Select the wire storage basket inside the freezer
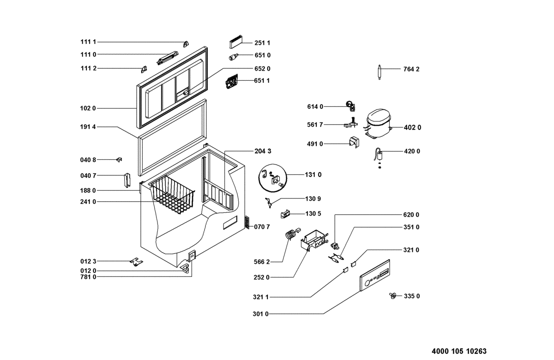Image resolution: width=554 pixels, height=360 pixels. coord(173,195)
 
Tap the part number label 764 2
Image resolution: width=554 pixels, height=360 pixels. coord(411,69)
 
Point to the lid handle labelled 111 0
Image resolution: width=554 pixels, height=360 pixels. coord(168,58)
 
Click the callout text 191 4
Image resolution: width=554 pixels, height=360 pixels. coord(88,127)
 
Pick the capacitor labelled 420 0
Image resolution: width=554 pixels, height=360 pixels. coord(379,156)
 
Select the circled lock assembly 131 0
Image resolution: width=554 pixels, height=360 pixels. coord(272,178)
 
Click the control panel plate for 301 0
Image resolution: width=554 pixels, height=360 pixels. coord(375,275)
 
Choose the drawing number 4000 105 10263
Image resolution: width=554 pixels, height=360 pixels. coord(459,351)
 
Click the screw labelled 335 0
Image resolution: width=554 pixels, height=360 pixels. coord(393,295)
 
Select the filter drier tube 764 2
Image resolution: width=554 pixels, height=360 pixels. coord(379,72)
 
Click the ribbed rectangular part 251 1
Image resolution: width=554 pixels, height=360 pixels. coord(236,42)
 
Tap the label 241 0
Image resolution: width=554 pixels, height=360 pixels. coord(88,202)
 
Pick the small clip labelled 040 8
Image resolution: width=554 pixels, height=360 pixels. coord(119,160)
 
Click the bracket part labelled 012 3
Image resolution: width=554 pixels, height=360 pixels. coord(137,262)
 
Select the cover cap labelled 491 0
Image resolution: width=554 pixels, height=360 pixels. coord(354,142)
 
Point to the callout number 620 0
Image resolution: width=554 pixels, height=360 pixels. coord(411,215)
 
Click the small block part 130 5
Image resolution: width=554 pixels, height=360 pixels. coord(285,214)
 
